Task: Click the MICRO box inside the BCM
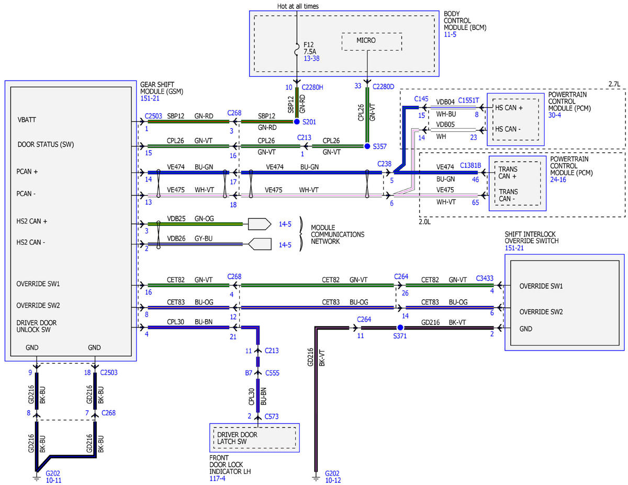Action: pyautogui.click(x=371, y=42)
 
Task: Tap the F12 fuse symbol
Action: pyautogui.click(x=296, y=49)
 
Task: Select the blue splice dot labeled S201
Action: pyautogui.click(x=296, y=121)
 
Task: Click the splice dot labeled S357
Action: pyautogui.click(x=366, y=146)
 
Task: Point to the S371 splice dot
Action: pyautogui.click(x=400, y=328)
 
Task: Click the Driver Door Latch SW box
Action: pyautogui.click(x=254, y=437)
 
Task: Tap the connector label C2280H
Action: pyautogui.click(x=312, y=87)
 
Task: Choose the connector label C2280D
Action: pyautogui.click(x=383, y=87)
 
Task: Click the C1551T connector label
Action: pyautogui.click(x=468, y=100)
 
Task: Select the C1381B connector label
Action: pyautogui.click(x=470, y=165)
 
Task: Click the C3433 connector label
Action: pyautogui.click(x=485, y=278)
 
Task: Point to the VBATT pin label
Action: pyautogui.click(x=27, y=120)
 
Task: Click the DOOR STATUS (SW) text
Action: pyautogui.click(x=46, y=144)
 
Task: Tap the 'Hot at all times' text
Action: pyautogui.click(x=298, y=6)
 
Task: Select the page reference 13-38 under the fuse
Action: pyautogui.click(x=311, y=59)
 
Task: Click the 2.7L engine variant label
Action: pyautogui.click(x=614, y=84)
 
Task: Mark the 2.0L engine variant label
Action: pyautogui.click(x=424, y=222)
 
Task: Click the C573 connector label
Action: pyautogui.click(x=272, y=416)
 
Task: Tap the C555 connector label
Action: pyautogui.click(x=272, y=373)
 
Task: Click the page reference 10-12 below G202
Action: pyautogui.click(x=333, y=480)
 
